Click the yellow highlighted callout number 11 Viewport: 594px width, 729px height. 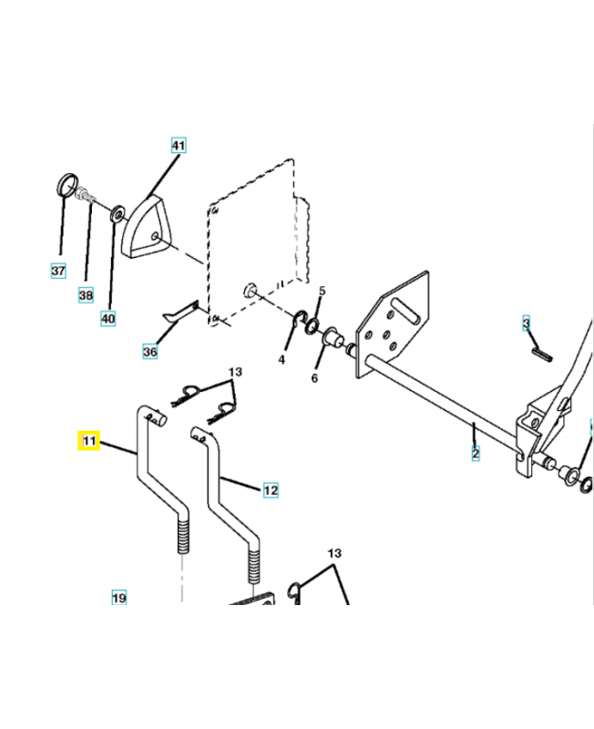point(88,441)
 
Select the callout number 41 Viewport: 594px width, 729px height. point(178,146)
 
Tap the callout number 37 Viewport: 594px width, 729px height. point(58,271)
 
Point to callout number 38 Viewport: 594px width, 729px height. point(86,294)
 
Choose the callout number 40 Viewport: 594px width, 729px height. point(108,318)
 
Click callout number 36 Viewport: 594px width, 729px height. point(150,351)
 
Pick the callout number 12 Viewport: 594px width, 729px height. point(271,490)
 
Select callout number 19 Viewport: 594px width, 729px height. point(118,599)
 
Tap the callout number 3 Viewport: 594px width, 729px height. point(526,323)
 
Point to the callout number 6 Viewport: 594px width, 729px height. point(315,376)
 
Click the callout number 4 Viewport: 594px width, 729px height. point(282,360)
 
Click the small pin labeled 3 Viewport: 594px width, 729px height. point(537,350)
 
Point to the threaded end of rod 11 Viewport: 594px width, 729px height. point(181,536)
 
